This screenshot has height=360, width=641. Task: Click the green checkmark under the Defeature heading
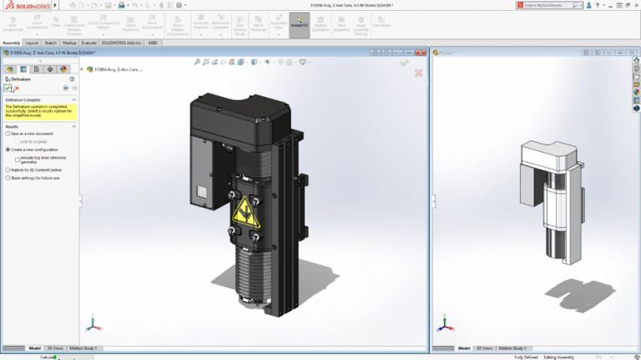(x=8, y=88)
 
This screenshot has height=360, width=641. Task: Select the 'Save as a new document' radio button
(x=8, y=134)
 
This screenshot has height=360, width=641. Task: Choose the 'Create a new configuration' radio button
(x=8, y=150)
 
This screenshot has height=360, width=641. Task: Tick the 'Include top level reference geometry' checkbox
(x=18, y=157)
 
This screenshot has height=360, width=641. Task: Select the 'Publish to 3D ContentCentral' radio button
(x=8, y=170)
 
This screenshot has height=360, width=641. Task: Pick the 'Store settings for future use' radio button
(x=8, y=178)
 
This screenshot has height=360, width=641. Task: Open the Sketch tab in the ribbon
(x=50, y=42)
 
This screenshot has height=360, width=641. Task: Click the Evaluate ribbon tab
(x=89, y=42)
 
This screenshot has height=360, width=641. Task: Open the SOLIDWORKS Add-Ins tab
(x=122, y=42)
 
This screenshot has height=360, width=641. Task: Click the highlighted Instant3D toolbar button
(x=299, y=24)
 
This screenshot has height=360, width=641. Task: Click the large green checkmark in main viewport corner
(x=404, y=62)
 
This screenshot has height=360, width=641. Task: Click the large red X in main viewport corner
(x=418, y=73)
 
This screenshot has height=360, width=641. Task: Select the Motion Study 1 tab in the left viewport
(x=83, y=347)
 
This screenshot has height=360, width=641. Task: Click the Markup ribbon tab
(x=70, y=42)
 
